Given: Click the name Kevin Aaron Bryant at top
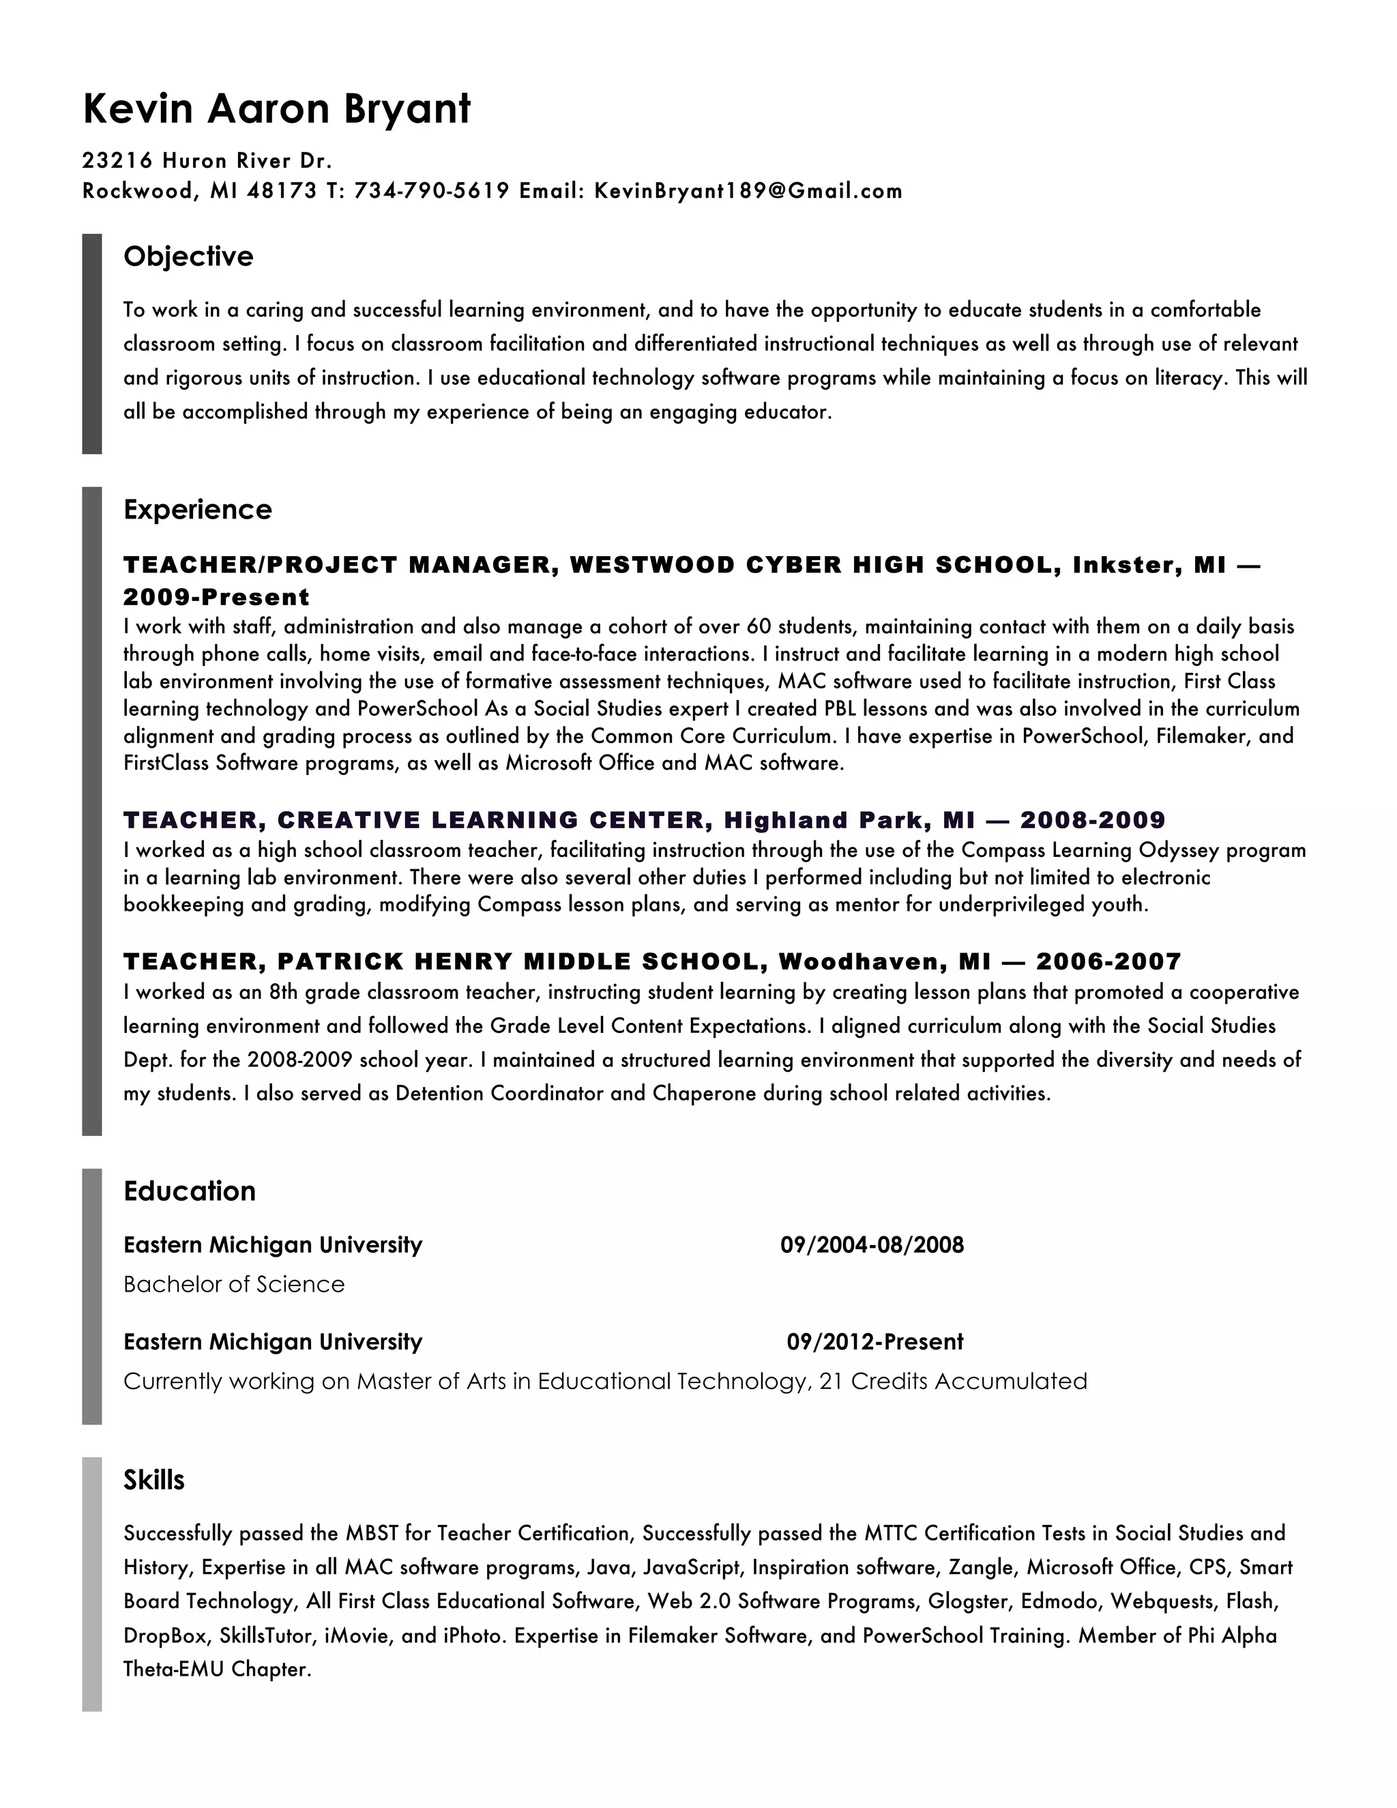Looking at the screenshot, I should (x=276, y=109).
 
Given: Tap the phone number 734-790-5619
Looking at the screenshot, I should (x=431, y=191).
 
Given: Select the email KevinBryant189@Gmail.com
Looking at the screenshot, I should (x=748, y=191).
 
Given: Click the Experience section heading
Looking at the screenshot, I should (x=197, y=509).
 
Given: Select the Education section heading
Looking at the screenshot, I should (x=190, y=1191).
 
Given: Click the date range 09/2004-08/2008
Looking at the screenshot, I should (x=872, y=1245).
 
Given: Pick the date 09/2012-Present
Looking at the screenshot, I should (x=874, y=1342).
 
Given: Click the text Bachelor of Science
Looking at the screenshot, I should (x=234, y=1284).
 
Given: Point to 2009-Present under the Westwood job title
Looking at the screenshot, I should (x=216, y=597).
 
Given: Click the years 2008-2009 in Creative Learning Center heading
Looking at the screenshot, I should (x=1093, y=820).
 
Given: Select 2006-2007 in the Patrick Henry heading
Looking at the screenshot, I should (x=1108, y=961).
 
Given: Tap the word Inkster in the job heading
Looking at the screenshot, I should (x=1126, y=566).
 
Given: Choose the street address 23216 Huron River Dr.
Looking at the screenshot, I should (x=207, y=160).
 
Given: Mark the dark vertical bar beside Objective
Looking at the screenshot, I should (x=92, y=344).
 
